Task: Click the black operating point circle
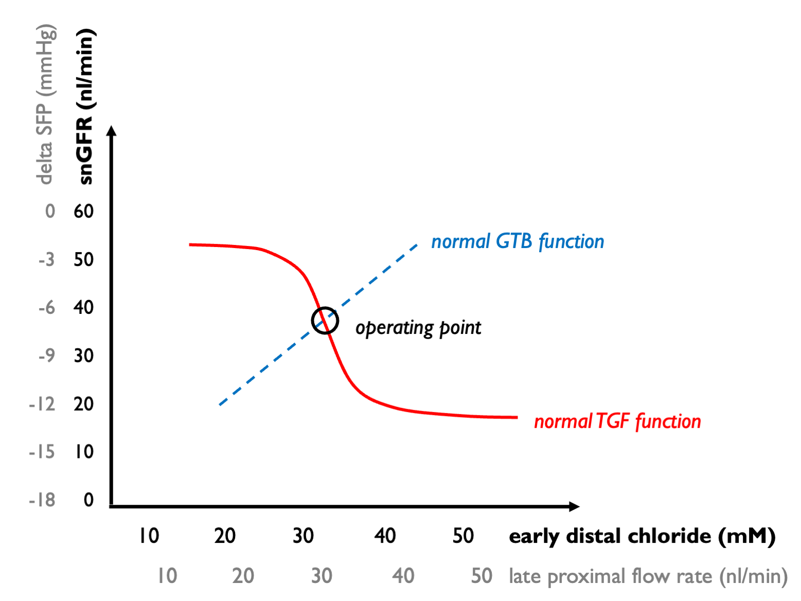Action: [325, 321]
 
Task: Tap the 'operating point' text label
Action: [418, 328]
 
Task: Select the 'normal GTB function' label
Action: [518, 241]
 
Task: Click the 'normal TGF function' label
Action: [617, 421]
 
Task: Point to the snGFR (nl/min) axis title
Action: [85, 107]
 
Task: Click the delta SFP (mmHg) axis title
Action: [45, 104]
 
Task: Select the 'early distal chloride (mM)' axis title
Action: [642, 536]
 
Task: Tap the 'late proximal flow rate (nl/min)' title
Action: [648, 576]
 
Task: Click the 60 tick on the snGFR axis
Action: [83, 211]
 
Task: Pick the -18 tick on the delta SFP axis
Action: [42, 500]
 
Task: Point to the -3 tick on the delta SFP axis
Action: [46, 259]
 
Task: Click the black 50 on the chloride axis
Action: [463, 536]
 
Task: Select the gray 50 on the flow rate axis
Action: [482, 576]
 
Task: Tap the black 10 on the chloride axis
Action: [149, 536]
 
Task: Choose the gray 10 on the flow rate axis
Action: [167, 576]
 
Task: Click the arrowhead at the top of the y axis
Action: [112, 131]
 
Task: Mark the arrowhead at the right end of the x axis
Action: [574, 506]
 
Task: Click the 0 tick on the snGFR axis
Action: [88, 500]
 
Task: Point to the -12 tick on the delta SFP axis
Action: [42, 404]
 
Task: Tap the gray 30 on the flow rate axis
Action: [322, 576]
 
